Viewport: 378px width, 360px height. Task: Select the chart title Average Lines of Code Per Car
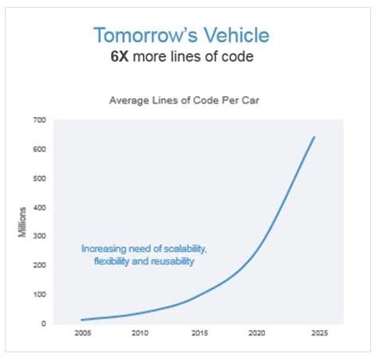189,100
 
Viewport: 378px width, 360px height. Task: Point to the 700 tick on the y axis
40,120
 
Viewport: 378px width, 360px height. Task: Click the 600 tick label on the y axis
40,150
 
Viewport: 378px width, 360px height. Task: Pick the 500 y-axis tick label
40,178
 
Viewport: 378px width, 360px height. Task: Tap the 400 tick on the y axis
40,208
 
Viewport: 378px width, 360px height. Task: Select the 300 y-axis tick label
40,237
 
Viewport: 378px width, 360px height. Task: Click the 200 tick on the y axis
40,266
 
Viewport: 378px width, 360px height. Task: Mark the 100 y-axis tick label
40,295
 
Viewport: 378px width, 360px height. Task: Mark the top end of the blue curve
315,137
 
